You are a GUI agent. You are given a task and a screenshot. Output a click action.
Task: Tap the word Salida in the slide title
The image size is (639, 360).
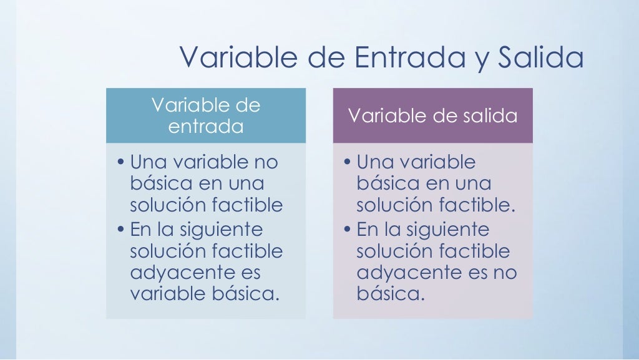click(541, 58)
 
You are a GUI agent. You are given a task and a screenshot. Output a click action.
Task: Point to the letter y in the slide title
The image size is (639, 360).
click(476, 60)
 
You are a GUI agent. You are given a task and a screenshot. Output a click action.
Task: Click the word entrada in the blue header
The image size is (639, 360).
click(206, 126)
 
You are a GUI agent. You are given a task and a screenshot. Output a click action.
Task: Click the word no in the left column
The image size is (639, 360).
click(265, 163)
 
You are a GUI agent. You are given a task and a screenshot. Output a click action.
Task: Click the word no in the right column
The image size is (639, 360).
click(504, 273)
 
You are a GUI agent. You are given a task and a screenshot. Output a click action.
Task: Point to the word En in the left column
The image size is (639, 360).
click(140, 230)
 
